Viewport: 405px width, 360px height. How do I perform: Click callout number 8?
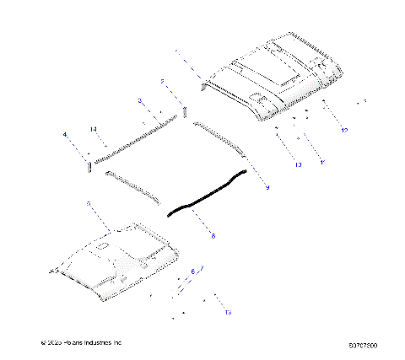point(213,236)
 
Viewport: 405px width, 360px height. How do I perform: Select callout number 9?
point(267,187)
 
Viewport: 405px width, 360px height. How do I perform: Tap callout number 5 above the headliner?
point(89,204)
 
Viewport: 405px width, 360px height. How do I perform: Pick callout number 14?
point(94,128)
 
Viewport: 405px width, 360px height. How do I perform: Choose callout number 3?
point(140,100)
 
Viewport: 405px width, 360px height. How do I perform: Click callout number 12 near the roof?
point(344,131)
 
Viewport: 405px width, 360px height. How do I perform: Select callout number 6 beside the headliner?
point(192,271)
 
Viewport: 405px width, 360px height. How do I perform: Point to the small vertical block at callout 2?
point(185,111)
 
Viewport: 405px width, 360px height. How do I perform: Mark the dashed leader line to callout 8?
point(201,223)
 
